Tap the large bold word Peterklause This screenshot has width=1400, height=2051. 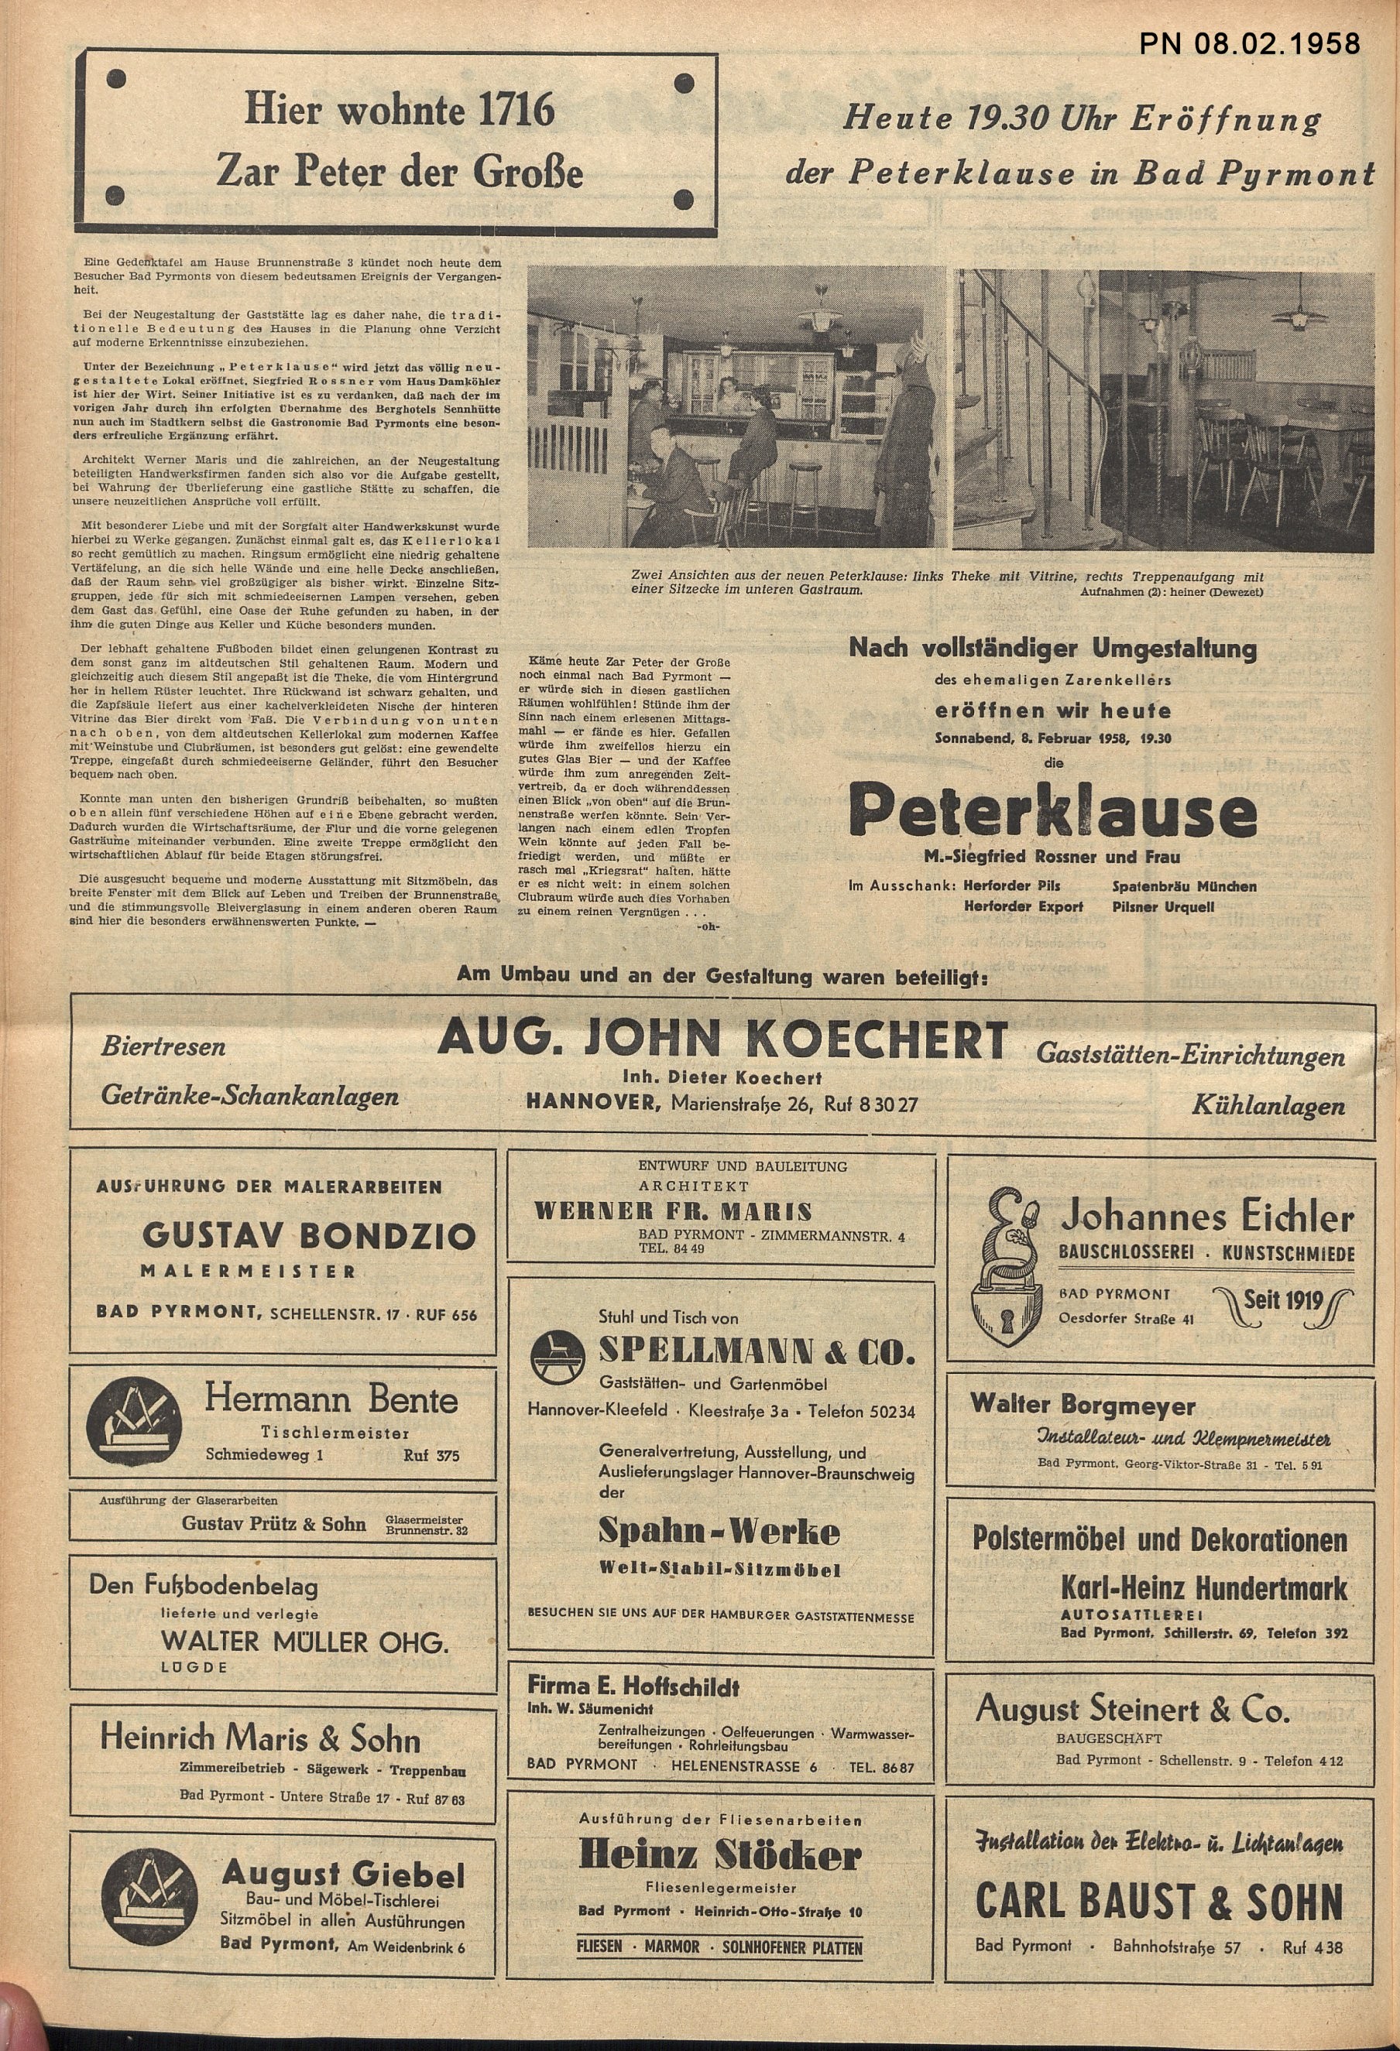(1052, 813)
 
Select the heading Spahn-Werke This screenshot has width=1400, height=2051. (719, 1531)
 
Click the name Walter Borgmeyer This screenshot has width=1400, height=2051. (1083, 1404)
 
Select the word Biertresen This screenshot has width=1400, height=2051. (163, 1046)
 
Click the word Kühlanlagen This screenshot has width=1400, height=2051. (1268, 1105)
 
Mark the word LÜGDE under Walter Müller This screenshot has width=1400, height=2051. (194, 1667)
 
